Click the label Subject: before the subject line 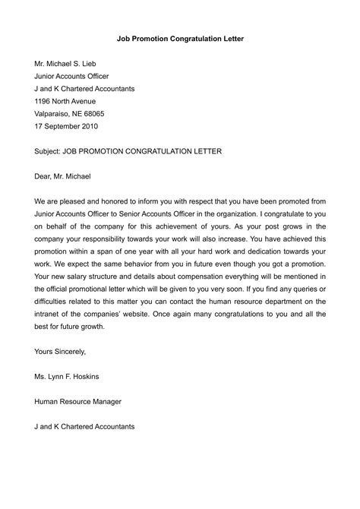[51, 151]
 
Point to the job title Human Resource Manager [78, 401]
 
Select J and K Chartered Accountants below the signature [84, 426]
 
